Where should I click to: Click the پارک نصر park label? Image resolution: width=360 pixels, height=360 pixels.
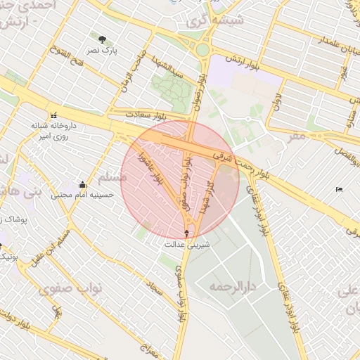[x=103, y=51]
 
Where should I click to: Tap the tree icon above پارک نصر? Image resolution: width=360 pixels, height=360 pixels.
[x=103, y=39]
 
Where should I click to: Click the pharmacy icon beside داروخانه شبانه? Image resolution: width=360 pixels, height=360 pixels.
[x=53, y=115]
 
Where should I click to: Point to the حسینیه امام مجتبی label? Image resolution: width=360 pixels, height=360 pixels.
[x=84, y=195]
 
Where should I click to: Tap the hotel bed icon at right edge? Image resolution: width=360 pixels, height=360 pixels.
[x=340, y=189]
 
